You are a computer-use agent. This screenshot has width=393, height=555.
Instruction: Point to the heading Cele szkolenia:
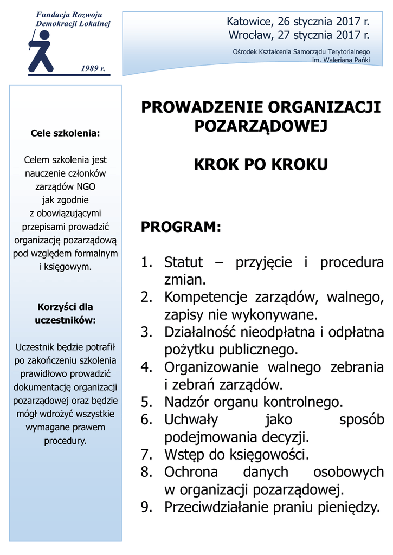65,132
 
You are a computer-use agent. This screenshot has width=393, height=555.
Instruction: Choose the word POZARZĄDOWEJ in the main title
261,127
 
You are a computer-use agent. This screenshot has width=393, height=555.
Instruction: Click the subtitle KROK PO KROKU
261,164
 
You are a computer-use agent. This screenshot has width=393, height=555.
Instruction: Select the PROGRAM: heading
181,228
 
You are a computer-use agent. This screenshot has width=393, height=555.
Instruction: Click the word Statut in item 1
183,263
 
